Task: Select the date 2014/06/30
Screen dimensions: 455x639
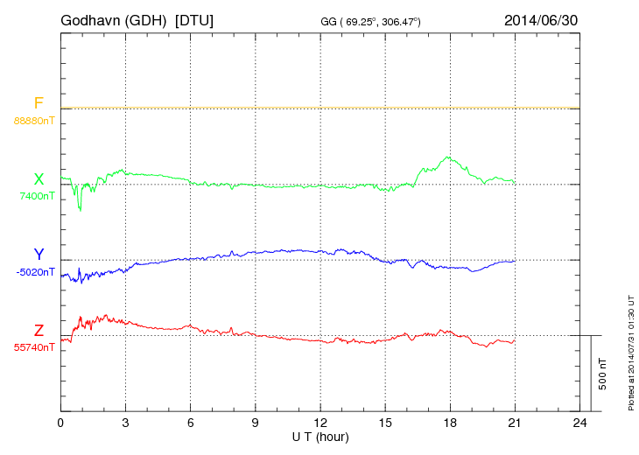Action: click(541, 19)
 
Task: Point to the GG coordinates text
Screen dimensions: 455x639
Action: click(371, 21)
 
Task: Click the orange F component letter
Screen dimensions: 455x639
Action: click(38, 103)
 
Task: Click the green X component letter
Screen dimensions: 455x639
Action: click(38, 179)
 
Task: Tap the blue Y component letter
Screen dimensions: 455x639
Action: click(38, 255)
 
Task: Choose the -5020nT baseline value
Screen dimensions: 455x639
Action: click(35, 272)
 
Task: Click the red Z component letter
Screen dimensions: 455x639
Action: click(38, 331)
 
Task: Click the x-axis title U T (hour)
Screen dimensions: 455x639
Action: click(320, 436)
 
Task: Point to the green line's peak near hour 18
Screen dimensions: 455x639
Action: click(449, 157)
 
